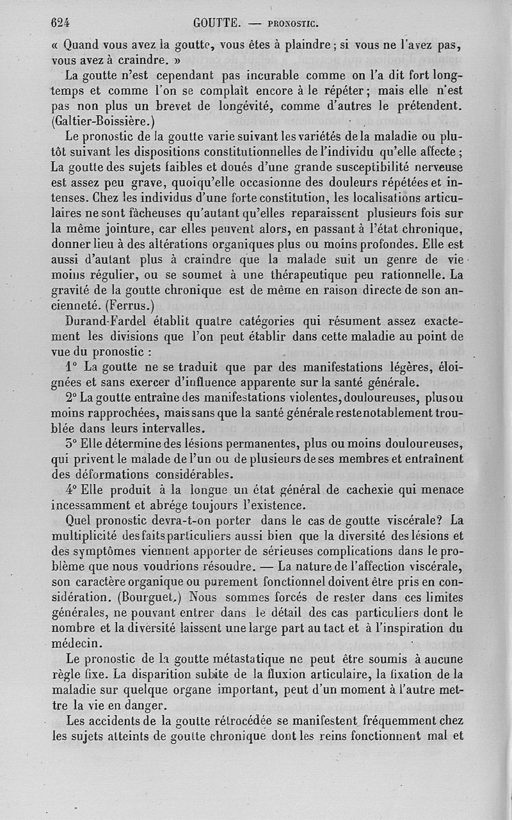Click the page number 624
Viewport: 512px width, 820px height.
60,23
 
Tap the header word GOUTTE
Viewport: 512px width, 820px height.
217,24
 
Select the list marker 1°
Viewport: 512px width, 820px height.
72,367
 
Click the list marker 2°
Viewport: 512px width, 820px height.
72,398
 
